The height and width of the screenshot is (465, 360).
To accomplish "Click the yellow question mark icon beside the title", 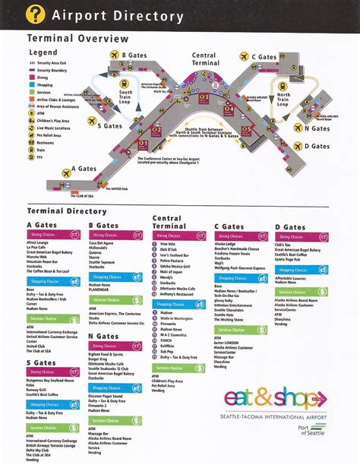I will click(x=36, y=15).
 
